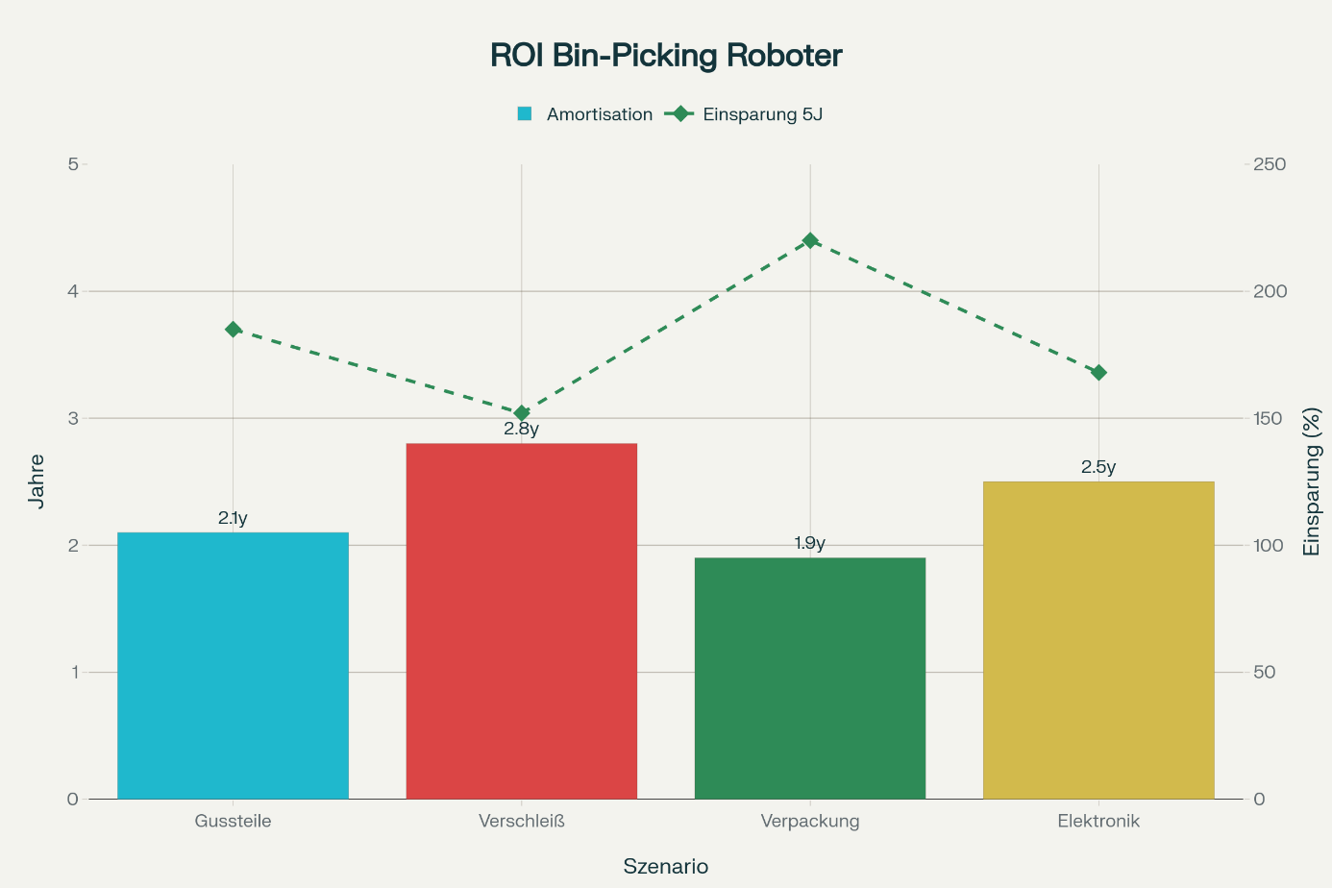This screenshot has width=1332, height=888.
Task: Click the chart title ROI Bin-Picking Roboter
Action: pos(666,56)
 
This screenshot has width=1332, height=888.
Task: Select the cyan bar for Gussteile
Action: pos(233,665)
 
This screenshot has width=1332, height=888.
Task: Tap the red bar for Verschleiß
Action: pos(521,621)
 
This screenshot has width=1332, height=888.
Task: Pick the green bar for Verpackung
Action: pos(810,678)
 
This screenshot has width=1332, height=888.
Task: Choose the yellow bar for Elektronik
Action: pos(1098,640)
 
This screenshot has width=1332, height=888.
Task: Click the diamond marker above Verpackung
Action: pos(810,240)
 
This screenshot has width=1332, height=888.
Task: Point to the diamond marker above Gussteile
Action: pos(233,330)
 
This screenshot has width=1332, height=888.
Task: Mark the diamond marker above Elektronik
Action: pos(1098,373)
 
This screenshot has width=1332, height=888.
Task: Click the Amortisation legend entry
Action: pos(585,114)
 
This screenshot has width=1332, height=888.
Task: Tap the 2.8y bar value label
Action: pos(521,429)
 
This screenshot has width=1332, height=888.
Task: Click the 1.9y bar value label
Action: pos(810,543)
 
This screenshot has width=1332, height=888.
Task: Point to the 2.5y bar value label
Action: pos(1098,467)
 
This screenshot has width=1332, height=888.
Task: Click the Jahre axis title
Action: pos(37,481)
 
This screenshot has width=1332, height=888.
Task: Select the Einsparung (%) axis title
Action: pos(1311,481)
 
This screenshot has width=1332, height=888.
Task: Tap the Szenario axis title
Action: pos(666,866)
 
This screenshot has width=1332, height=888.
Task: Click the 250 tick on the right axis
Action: pos(1270,164)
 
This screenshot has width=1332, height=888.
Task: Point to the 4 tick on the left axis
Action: pos(73,291)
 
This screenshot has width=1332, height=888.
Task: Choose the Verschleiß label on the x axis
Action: pos(521,821)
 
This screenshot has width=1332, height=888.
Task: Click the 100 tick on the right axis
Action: pos(1270,545)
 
